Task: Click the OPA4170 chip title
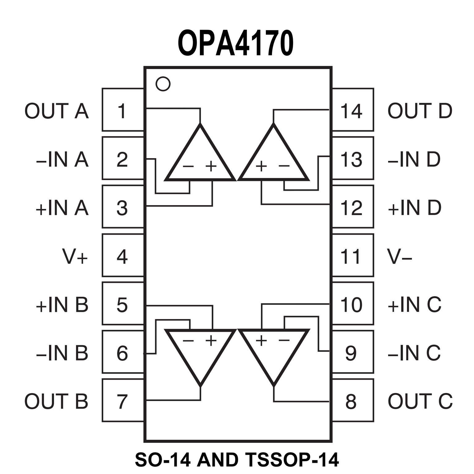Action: pyautogui.click(x=235, y=43)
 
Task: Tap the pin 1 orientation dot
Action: pyautogui.click(x=163, y=84)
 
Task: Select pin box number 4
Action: pyautogui.click(x=123, y=256)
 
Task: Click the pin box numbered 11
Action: pyautogui.click(x=352, y=256)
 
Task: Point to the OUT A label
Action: pyautogui.click(x=57, y=111)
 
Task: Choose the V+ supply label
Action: pyautogui.click(x=75, y=256)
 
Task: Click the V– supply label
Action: pyautogui.click(x=400, y=256)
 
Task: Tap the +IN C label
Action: pyautogui.click(x=414, y=305)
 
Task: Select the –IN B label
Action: pyautogui.click(x=62, y=353)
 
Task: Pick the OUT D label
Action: pyautogui.click(x=420, y=111)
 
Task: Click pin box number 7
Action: pyautogui.click(x=123, y=401)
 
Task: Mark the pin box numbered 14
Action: pyautogui.click(x=352, y=110)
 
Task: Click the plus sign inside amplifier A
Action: pyautogui.click(x=211, y=166)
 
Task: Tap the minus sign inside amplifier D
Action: pyautogui.click(x=284, y=166)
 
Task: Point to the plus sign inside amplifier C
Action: pyautogui.click(x=261, y=340)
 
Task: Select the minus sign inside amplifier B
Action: pyautogui.click(x=188, y=340)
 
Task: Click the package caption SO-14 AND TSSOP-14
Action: pyautogui.click(x=237, y=459)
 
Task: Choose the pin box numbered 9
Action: pyautogui.click(x=352, y=353)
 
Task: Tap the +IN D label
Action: pyautogui.click(x=414, y=208)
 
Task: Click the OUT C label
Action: pyautogui.click(x=420, y=401)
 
